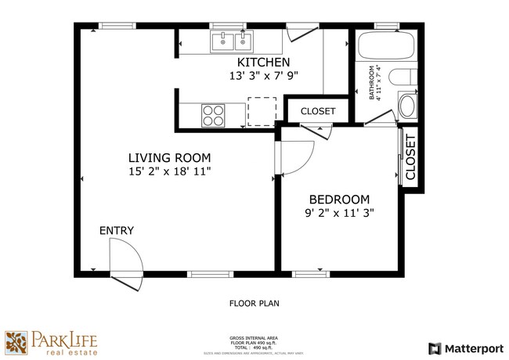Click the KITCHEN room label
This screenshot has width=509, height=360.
point(264,63)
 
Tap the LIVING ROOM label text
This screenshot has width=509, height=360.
point(170,157)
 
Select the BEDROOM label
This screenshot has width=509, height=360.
point(340,199)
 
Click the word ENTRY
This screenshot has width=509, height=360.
point(116,231)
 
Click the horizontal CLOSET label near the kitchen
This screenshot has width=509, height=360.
point(317,112)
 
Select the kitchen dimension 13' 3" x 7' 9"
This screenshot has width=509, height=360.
point(264,76)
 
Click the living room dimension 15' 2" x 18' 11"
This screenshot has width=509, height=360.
point(170,170)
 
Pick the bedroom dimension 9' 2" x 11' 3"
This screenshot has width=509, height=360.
point(340,212)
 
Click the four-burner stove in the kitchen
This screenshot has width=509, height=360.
point(213,115)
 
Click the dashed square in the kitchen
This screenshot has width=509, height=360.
point(262,110)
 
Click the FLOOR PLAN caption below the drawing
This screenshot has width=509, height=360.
point(254,303)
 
